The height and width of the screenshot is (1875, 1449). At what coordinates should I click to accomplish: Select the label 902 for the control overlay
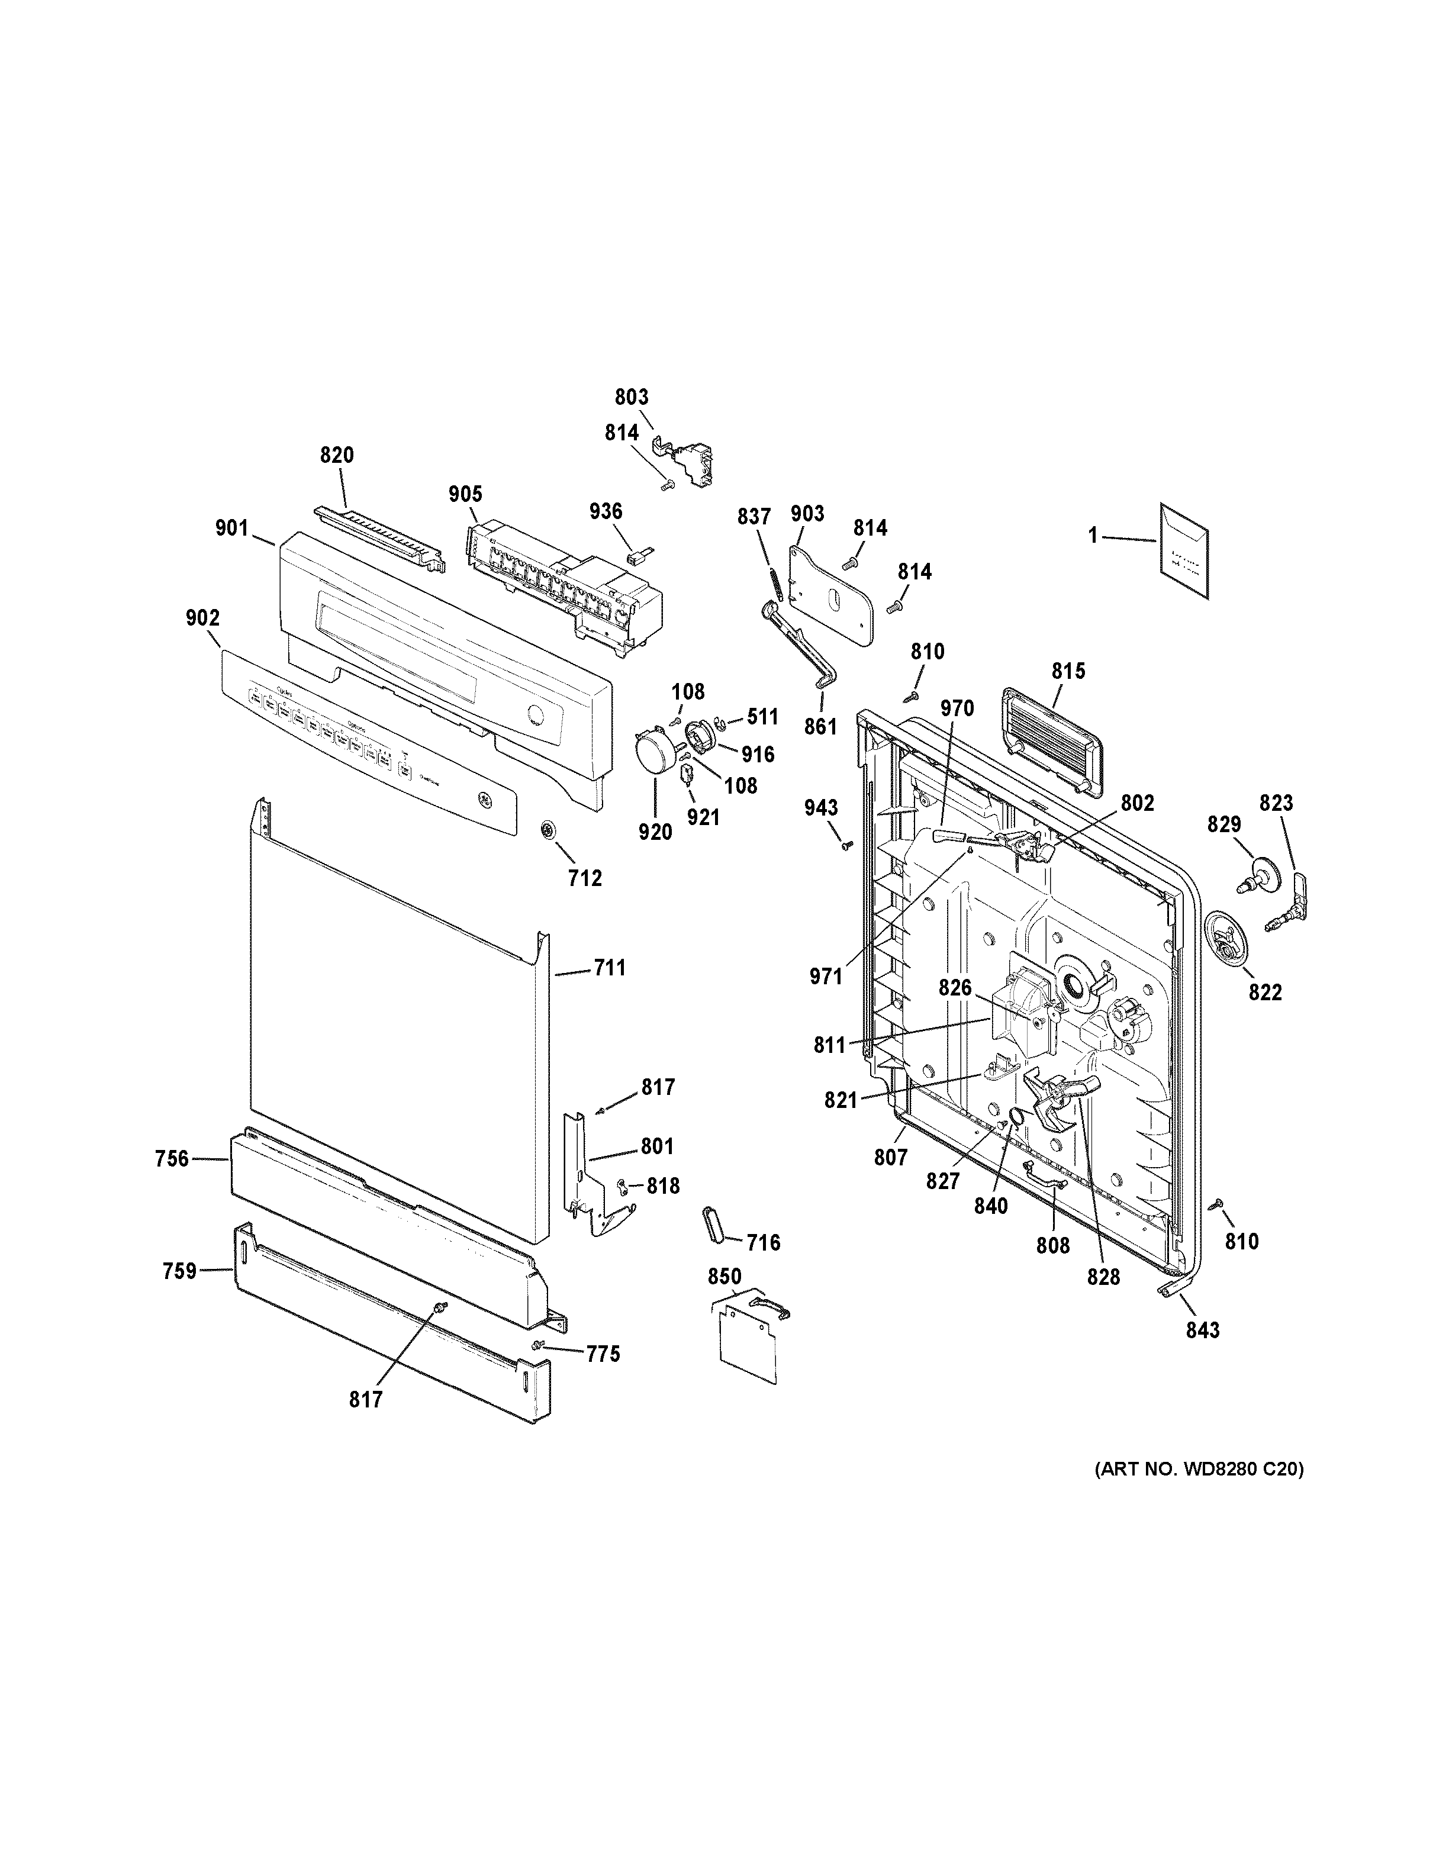202,618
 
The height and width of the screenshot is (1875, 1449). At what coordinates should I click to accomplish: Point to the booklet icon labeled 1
1184,549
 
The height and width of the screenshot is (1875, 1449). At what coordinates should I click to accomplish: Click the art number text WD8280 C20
1199,1469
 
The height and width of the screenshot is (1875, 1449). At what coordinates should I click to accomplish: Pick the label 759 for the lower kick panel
179,1271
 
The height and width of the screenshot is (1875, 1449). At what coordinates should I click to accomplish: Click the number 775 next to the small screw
603,1354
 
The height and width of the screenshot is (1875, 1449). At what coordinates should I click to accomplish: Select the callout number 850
724,1277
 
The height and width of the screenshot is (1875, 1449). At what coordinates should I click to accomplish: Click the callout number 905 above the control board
465,494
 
